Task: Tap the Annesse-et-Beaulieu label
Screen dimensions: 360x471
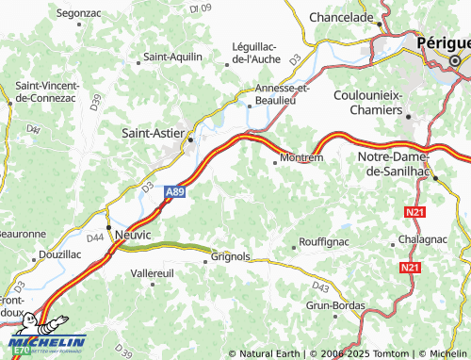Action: (x=283, y=93)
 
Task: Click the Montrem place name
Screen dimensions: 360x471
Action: (x=302, y=158)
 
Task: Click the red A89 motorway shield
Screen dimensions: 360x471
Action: (x=173, y=191)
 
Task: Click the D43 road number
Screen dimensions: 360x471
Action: (x=321, y=286)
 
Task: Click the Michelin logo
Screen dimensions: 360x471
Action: (x=47, y=341)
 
